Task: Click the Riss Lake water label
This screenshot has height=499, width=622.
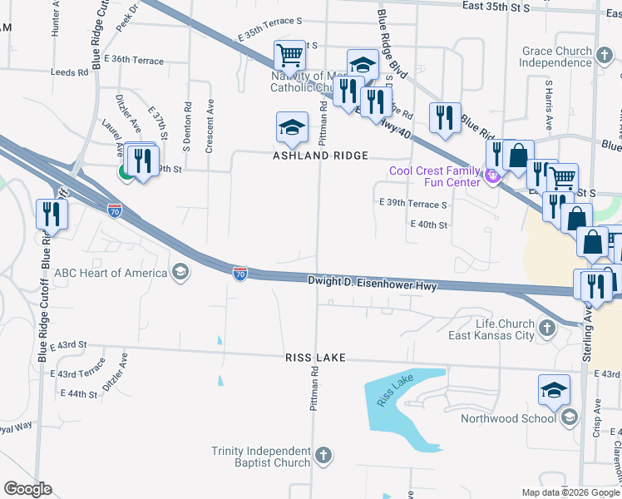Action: point(395,390)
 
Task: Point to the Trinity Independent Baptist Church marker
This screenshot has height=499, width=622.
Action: point(324,456)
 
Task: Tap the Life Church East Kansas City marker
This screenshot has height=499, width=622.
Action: point(547,328)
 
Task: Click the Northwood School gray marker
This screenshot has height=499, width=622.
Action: point(570,417)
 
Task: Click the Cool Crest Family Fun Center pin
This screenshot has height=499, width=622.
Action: point(491,176)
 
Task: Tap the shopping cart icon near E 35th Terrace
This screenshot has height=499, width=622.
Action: point(290,56)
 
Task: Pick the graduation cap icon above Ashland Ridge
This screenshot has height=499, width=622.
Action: point(291,126)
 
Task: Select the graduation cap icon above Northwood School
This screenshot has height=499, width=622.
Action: point(554,388)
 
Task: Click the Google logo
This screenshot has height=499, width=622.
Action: point(27,489)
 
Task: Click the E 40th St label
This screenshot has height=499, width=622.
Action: point(429,225)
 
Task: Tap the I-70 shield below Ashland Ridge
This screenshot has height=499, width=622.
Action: point(240,272)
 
